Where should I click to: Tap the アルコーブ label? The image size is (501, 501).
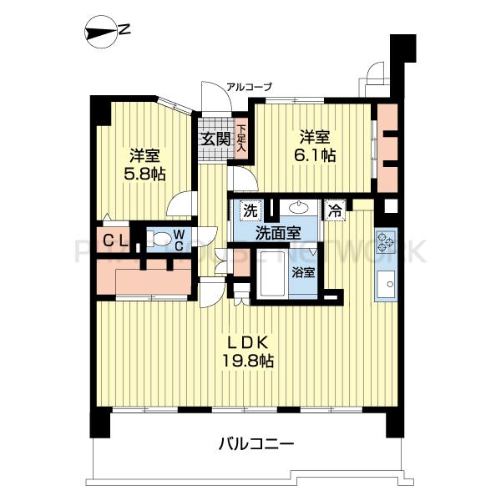[249, 87]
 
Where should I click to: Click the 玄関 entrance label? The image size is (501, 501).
[214, 139]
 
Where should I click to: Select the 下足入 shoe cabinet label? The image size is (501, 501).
[241, 139]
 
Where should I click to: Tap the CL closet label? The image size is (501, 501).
[115, 241]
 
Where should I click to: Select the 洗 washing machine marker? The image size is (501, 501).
[249, 210]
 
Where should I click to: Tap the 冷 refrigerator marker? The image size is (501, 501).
[335, 210]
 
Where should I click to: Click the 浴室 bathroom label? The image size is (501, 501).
[302, 271]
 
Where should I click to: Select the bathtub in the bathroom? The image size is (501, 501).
[272, 273]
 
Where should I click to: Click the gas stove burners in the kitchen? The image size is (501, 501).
[387, 243]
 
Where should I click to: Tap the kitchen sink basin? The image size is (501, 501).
[387, 286]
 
